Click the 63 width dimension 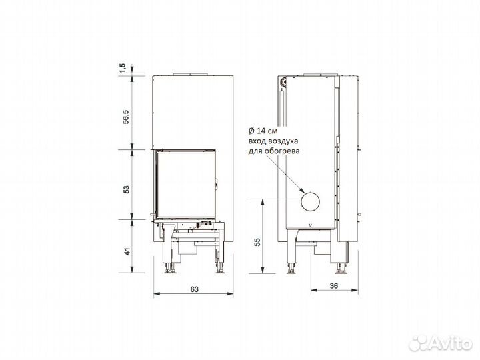coord(195,289)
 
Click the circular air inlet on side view coord(310,201)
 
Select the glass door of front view coord(186,184)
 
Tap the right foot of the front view coord(219,269)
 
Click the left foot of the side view coord(292,269)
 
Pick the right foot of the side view coord(343,269)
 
